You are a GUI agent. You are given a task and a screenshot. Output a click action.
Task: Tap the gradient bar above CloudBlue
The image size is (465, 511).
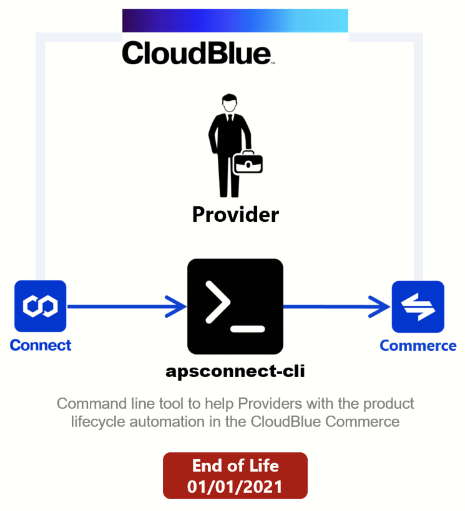[235, 21]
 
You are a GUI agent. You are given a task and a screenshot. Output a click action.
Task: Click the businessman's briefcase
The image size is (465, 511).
[248, 162]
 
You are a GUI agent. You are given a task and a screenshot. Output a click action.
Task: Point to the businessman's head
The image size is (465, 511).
[230, 103]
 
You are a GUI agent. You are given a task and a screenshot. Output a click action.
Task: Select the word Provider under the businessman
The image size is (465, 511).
[235, 215]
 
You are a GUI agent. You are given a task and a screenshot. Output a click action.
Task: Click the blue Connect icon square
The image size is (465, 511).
[41, 306]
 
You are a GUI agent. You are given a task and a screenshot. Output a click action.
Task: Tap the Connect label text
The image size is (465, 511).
[41, 345]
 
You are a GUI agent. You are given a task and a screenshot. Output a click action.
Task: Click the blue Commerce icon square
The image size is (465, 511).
[418, 307]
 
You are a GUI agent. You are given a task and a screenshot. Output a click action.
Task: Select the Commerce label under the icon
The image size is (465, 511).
[418, 346]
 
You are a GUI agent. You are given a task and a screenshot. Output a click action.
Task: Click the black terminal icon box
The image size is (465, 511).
[235, 307]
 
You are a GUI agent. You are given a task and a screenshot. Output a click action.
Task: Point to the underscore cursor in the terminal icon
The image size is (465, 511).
[248, 329]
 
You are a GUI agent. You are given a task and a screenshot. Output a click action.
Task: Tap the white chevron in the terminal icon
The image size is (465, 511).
[218, 303]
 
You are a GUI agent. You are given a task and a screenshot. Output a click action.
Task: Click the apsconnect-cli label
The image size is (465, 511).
[235, 371]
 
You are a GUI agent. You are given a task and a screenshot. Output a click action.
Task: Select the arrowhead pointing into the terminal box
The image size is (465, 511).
[176, 307]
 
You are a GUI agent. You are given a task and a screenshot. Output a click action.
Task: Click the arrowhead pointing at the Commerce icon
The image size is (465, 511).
[379, 307]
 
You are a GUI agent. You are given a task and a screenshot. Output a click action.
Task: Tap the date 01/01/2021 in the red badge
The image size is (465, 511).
[235, 487]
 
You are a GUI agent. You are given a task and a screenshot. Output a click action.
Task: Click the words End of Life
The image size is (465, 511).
[235, 466]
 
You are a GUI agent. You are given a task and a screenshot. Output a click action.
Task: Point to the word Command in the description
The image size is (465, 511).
[92, 404]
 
